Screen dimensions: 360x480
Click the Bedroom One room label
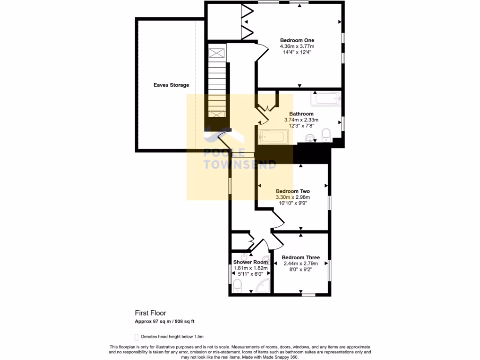[297, 40]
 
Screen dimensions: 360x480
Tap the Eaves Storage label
[171, 85]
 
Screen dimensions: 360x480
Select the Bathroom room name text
[301, 114]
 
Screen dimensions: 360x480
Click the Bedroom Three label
[300, 257]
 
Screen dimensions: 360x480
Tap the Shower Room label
[250, 262]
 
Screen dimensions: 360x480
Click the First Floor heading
[150, 313]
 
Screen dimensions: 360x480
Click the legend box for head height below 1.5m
[137, 337]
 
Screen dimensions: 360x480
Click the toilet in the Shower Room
[238, 285]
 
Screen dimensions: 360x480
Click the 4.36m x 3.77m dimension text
[297, 47]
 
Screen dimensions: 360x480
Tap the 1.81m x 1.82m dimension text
[250, 269]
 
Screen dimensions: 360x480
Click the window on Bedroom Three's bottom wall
[307, 295]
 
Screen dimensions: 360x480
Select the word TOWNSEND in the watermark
[240, 165]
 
